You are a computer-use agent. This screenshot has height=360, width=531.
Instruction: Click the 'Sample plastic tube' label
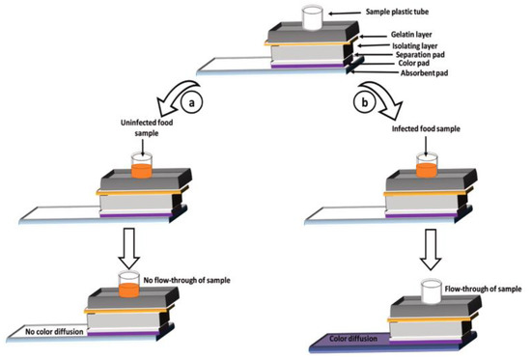click(397, 12)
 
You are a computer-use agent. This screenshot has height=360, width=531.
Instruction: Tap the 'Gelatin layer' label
click(411, 34)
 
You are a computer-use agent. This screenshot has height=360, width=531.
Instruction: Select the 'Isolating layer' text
click(415, 45)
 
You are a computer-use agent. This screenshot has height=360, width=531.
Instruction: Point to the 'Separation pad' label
click(420, 54)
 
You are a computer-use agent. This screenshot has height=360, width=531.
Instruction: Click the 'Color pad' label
click(414, 64)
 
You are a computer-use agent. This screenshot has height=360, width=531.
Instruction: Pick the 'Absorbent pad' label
click(424, 72)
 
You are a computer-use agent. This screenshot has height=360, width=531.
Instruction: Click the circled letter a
click(192, 102)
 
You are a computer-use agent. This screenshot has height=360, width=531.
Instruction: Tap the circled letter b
click(364, 102)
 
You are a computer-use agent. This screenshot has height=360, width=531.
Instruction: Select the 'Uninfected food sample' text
click(147, 127)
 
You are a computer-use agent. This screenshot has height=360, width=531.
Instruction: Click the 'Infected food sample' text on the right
click(426, 128)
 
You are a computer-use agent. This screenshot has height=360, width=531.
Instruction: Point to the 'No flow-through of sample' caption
click(187, 281)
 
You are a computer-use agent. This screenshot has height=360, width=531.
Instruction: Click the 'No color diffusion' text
click(54, 332)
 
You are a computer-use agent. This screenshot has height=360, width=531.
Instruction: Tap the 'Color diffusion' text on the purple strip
click(353, 339)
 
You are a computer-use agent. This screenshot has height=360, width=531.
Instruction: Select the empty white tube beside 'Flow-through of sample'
click(431, 291)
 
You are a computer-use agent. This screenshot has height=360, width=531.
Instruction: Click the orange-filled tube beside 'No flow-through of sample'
click(128, 285)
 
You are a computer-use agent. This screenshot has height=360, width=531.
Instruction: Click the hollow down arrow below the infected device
click(431, 249)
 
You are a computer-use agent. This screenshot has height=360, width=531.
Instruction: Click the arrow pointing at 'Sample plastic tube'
click(345, 14)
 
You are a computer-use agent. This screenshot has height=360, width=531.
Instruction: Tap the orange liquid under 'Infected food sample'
click(427, 170)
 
